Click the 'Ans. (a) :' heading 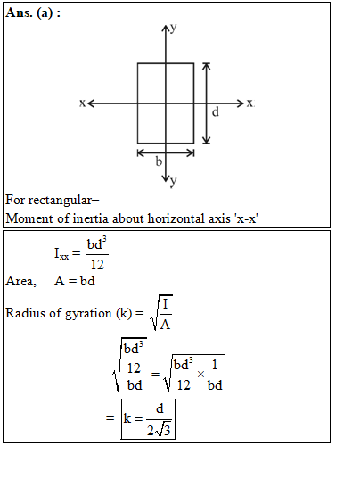(x=33, y=12)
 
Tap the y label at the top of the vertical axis (x=173, y=28)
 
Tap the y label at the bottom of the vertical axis (x=173, y=182)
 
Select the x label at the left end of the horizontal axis (x=82, y=103)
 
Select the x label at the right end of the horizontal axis (x=250, y=103)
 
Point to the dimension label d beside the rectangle (x=216, y=112)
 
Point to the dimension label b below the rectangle (x=159, y=161)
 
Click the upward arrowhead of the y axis (x=166, y=29)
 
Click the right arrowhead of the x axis (x=241, y=103)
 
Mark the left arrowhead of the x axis (x=92, y=103)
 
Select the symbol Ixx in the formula (x=61, y=253)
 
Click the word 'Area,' (x=20, y=281)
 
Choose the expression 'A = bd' (x=75, y=281)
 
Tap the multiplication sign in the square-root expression (x=200, y=374)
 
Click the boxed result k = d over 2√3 (x=148, y=419)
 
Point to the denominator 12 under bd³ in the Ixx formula (x=97, y=265)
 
